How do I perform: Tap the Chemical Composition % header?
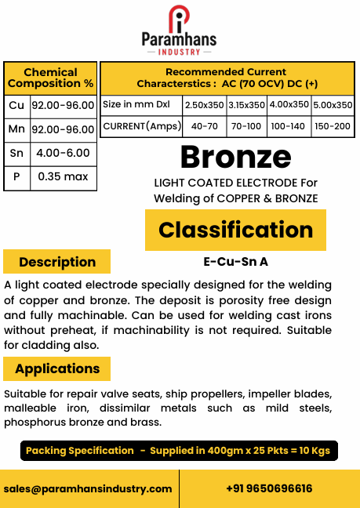[x=50, y=78]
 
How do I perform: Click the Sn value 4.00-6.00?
[x=63, y=154]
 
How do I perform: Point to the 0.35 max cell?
[x=63, y=177]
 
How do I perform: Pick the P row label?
[x=16, y=177]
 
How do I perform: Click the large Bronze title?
[x=235, y=157]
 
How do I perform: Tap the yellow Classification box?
[x=235, y=230]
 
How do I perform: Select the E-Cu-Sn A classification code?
[x=235, y=262]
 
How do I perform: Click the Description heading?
[x=57, y=262]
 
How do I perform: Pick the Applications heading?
[x=57, y=368]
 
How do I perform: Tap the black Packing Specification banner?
[x=180, y=451]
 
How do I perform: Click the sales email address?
[x=88, y=488]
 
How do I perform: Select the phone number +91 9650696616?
[x=269, y=488]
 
